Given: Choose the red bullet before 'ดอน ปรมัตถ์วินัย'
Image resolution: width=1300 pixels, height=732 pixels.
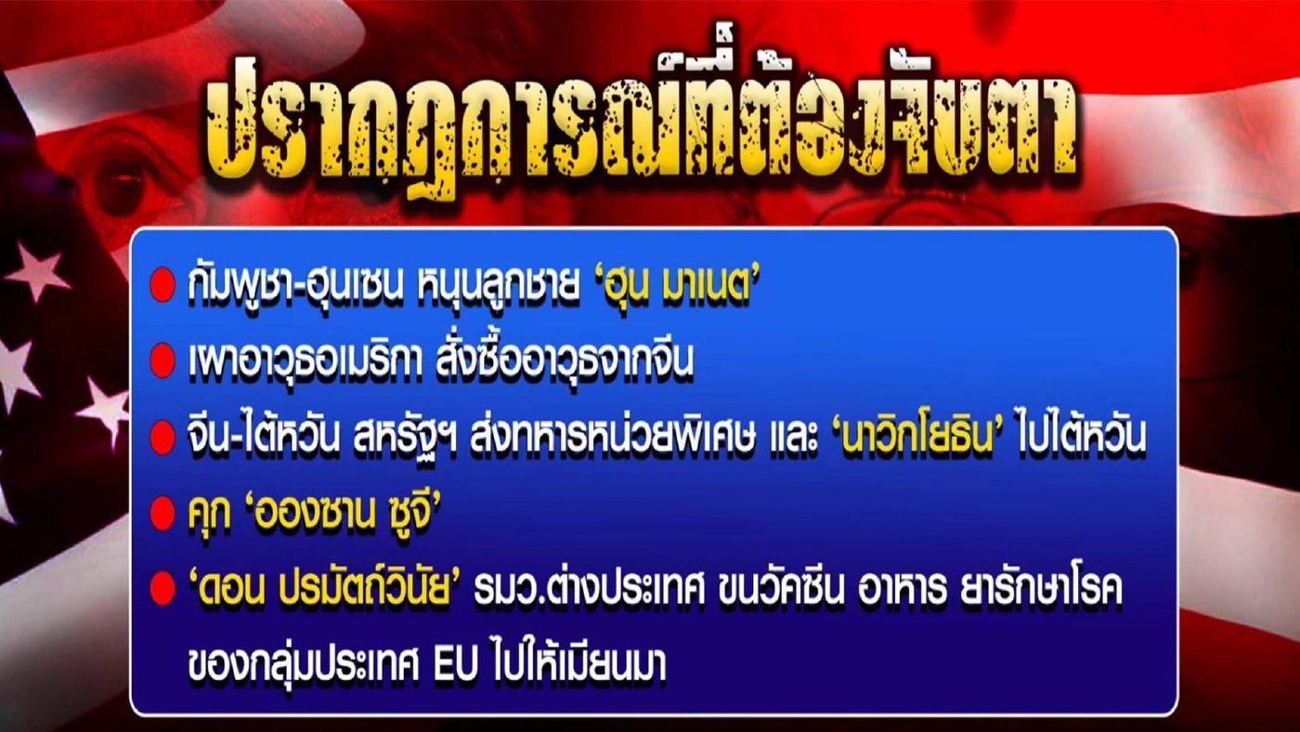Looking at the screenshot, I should tap(162, 588).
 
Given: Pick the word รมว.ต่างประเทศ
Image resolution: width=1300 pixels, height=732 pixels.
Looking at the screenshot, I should tap(590, 588).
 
